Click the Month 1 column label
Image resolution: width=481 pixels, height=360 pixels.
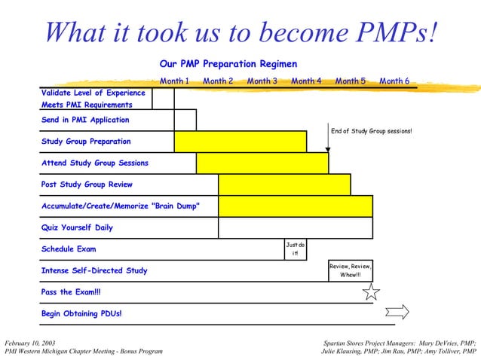pos(174,81)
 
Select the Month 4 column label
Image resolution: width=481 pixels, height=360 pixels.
pos(306,81)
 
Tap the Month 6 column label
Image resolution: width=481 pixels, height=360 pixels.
pos(394,81)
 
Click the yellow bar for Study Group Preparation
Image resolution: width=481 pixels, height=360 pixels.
pos(240,142)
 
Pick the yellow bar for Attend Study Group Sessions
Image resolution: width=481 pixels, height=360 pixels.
pos(262,163)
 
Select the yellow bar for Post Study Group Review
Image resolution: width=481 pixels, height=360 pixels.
pos(284,185)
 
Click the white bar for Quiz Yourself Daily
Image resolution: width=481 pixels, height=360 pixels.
pos(295,227)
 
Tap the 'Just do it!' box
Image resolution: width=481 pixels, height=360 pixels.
pos(296,249)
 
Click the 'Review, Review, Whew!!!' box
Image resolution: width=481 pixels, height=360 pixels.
pos(351,270)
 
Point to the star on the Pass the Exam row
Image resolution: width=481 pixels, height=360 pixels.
pos(372,291)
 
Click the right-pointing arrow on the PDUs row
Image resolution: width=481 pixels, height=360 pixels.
pos(397,312)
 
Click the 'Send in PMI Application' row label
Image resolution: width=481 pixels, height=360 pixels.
pos(85,120)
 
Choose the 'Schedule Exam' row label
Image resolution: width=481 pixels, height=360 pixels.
pos(69,249)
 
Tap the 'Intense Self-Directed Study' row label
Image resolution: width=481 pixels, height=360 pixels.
pos(94,270)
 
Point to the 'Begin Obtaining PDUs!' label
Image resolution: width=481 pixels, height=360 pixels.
pos(81,313)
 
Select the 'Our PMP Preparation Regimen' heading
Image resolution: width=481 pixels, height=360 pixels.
pos(228,64)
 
